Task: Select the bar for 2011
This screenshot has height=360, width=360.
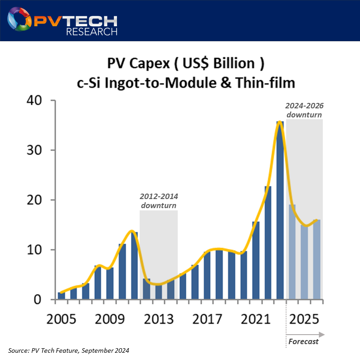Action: point(134,266)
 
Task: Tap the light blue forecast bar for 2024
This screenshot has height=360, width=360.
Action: point(292,252)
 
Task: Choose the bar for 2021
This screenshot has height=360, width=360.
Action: point(256,260)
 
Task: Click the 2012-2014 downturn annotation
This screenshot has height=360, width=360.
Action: point(159,201)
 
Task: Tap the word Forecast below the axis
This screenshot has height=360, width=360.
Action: point(303,341)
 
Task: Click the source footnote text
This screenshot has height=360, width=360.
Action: point(68,350)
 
